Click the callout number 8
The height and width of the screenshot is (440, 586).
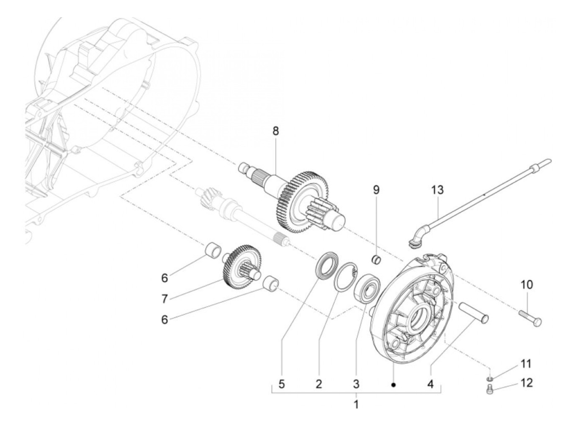[x=275, y=131]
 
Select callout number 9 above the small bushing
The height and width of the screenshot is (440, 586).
[x=376, y=190]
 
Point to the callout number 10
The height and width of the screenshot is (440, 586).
[x=527, y=285]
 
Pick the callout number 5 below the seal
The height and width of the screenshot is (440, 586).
[x=281, y=384]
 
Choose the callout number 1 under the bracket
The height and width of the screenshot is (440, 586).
[x=356, y=405]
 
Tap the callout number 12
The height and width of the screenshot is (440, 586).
[x=527, y=383]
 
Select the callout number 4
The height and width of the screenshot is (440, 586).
[x=431, y=384]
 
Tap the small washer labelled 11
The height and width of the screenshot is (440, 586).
[x=491, y=379]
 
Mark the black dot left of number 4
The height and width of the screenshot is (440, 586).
[x=393, y=385]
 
